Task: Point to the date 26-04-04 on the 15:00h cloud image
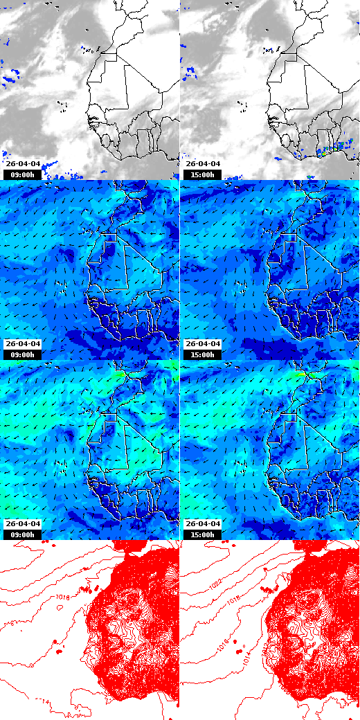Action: click(203, 164)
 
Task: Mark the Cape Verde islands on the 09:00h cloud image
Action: click(62, 106)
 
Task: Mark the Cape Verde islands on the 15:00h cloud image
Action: click(242, 106)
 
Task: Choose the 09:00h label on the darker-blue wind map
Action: click(22, 354)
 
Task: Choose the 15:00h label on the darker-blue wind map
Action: click(203, 354)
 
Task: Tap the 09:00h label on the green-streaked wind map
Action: click(22, 534)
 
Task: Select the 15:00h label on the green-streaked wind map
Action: click(203, 534)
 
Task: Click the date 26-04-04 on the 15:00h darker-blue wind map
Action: click(203, 344)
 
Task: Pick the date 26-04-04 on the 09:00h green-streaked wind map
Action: click(23, 524)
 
